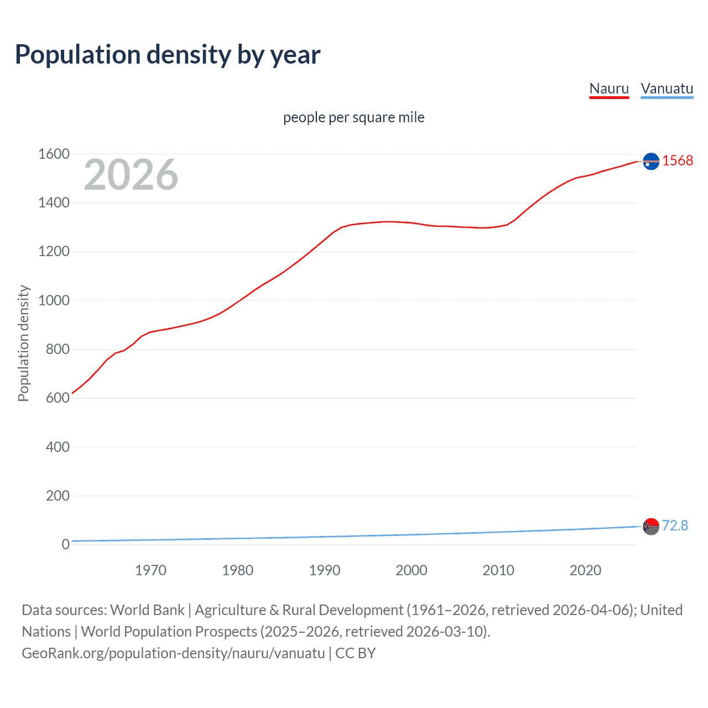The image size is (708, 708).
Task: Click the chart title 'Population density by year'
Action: [168, 55]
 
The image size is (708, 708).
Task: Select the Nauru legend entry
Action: [609, 88]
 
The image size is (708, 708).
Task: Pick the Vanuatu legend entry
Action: [667, 88]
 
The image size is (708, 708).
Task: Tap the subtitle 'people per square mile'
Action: [353, 117]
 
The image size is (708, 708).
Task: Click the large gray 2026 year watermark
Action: [131, 175]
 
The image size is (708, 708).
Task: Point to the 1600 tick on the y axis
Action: [54, 154]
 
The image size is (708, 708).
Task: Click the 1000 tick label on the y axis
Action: [54, 300]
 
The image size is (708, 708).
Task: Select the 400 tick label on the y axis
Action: [58, 447]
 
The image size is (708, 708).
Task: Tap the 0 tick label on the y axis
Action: [65, 544]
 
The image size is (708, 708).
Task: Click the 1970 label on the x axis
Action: [150, 570]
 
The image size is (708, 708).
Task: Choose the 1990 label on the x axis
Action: [325, 570]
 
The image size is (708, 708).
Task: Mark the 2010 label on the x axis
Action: [498, 570]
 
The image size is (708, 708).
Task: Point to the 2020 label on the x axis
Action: [585, 570]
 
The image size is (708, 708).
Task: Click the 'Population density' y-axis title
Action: [23, 343]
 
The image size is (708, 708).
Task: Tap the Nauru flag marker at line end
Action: [651, 161]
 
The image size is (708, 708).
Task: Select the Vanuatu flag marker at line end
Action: [651, 526]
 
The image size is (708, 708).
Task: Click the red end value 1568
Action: [678, 160]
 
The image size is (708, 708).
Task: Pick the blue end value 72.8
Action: [675, 525]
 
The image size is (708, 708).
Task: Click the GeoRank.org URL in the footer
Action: [173, 653]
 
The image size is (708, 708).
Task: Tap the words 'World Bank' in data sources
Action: [147, 610]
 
